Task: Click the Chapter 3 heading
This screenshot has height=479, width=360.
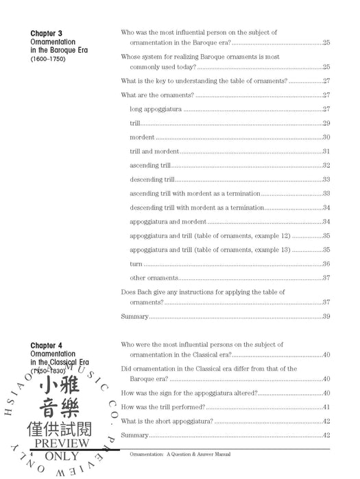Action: [46, 33]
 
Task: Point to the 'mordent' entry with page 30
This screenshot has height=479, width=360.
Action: [141, 138]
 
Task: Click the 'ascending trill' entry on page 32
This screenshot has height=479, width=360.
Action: [149, 166]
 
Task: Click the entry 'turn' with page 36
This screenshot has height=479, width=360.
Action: [136, 264]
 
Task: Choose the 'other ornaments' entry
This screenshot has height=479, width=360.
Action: [154, 278]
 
